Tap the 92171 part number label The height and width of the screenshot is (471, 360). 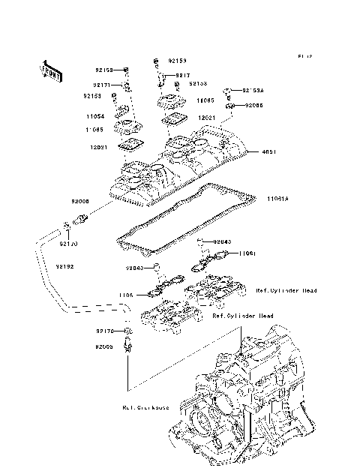103,85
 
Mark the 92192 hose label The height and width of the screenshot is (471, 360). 65,265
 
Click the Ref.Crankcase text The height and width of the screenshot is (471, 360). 145,407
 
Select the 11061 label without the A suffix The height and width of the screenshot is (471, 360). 248,253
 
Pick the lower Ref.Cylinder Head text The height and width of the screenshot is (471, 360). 242,316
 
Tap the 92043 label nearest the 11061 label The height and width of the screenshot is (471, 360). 222,241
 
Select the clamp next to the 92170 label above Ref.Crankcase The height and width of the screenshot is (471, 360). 130,331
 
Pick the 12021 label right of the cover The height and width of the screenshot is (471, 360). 207,118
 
